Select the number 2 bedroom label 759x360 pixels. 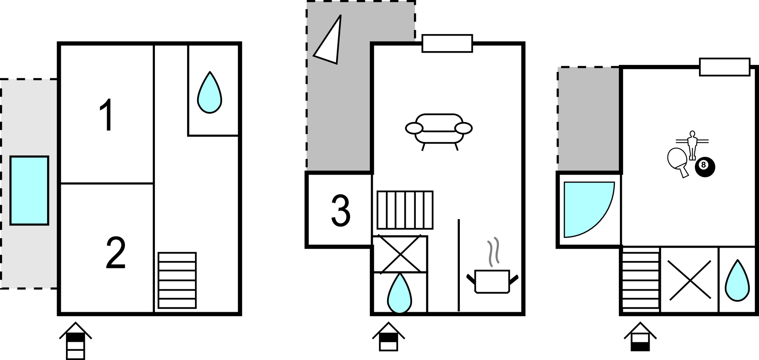coord(116,254)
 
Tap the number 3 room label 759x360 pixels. coord(341,211)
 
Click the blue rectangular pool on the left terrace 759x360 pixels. coord(29,190)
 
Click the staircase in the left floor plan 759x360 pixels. coord(177,280)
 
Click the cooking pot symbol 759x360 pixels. coord(492,282)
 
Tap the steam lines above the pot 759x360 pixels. coord(493,252)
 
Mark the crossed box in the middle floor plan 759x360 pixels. coord(400,254)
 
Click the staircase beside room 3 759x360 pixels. coord(405,210)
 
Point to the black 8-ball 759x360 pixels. coord(705,167)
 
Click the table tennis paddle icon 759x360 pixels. coord(678,161)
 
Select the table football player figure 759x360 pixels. coord(692,145)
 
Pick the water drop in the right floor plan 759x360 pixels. coord(737,281)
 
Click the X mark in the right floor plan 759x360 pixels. coord(689,280)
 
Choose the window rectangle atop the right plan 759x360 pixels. coord(725,67)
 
